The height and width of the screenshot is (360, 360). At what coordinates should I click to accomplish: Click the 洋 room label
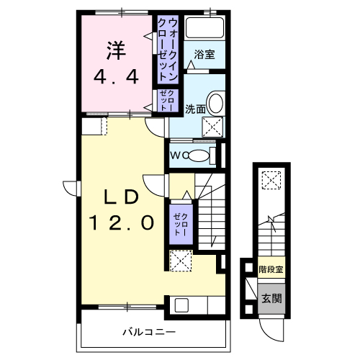pyautogui.click(x=116, y=50)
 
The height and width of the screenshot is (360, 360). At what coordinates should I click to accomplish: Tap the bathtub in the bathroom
pyautogui.click(x=204, y=30)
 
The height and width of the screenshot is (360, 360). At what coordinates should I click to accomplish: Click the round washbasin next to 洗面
pyautogui.click(x=215, y=102)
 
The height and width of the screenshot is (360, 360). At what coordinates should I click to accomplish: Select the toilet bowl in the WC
pyautogui.click(x=201, y=155)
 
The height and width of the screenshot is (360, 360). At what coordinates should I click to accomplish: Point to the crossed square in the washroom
pyautogui.click(x=212, y=127)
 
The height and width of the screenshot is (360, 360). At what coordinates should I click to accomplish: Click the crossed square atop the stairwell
pyautogui.click(x=271, y=179)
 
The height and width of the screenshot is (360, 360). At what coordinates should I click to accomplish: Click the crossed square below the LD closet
pyautogui.click(x=179, y=260)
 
